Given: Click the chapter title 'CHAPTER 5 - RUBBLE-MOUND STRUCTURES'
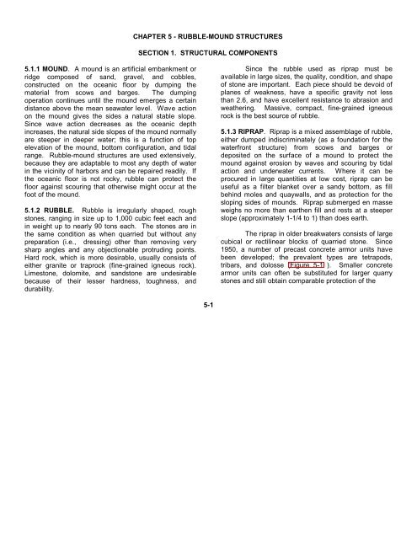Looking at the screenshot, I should point(208,38).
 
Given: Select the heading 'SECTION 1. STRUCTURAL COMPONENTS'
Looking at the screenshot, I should point(208,65).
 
